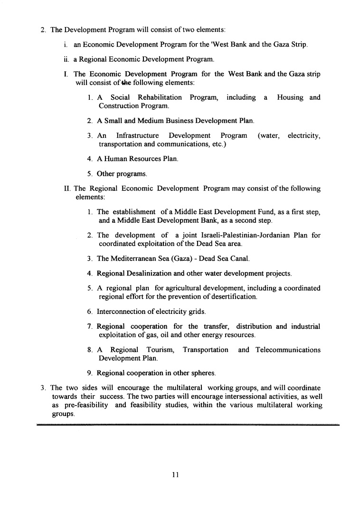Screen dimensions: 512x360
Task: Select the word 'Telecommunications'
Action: coord(288,350)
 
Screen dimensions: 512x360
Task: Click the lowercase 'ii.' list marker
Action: coord(66,59)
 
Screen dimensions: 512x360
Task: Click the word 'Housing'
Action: coord(291,97)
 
